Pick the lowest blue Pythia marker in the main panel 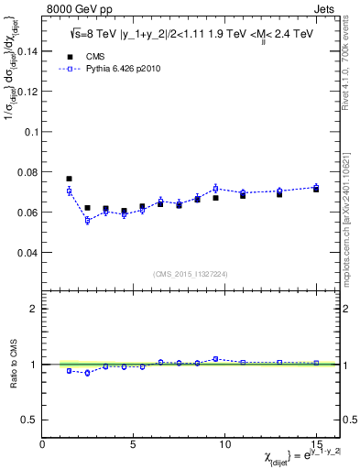(87, 220)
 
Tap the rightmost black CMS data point (315, 189)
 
